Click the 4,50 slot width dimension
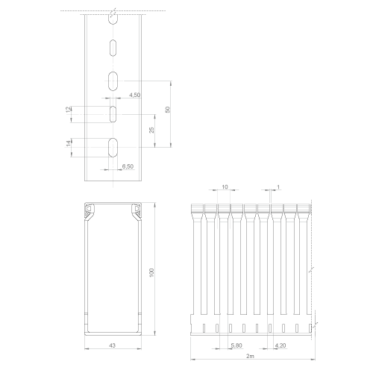134,95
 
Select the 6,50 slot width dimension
128,166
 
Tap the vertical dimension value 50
168,110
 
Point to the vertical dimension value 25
151,130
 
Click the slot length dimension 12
69,110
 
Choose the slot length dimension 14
69,143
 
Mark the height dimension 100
151,272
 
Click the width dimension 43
113,345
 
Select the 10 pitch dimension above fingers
225,186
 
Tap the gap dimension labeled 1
278,186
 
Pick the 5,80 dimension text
236,345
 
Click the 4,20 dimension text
280,345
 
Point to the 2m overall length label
251,356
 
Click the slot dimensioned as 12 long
113,114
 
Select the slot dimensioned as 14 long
113,147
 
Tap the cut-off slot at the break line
113,19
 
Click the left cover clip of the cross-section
90,212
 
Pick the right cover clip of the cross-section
137,212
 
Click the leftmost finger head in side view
197,211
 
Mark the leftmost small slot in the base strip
204,328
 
